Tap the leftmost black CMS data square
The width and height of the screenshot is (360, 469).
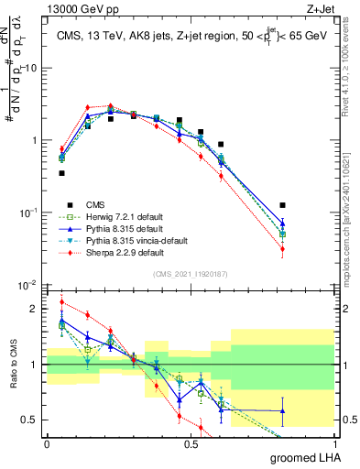[61, 172]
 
